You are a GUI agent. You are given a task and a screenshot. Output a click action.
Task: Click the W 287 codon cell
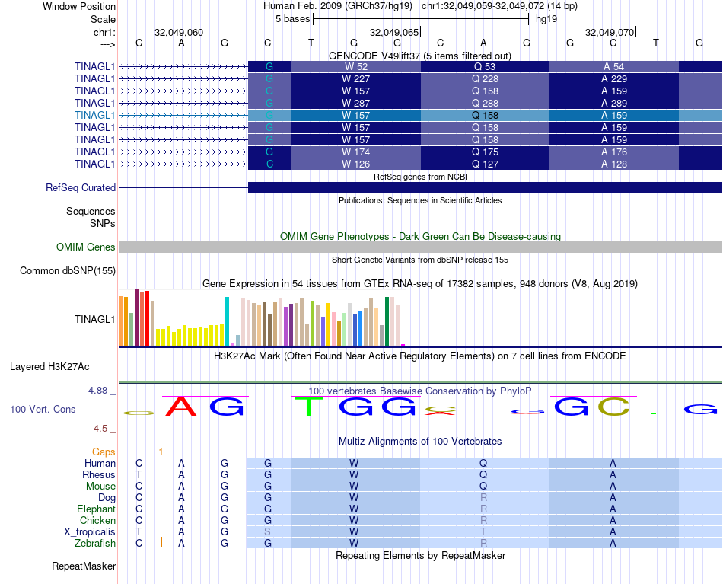click(x=355, y=103)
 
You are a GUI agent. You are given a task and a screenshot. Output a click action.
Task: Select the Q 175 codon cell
click(x=485, y=152)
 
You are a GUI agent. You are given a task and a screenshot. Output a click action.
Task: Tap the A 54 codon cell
click(x=613, y=66)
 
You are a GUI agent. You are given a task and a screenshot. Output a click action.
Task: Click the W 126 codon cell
click(x=355, y=164)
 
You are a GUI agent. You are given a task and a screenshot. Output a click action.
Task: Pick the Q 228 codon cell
click(x=485, y=78)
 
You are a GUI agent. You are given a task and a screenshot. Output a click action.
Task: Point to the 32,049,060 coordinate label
click(x=179, y=33)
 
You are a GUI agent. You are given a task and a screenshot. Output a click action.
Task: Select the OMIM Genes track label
click(x=86, y=247)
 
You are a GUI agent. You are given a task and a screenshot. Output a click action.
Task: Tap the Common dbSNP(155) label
click(x=68, y=270)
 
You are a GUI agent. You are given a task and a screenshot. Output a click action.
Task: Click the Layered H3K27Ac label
click(x=62, y=366)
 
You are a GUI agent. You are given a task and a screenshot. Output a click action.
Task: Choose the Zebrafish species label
click(x=95, y=543)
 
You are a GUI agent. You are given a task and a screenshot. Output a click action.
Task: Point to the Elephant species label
click(x=96, y=509)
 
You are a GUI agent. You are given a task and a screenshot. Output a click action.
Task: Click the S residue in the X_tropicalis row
click(x=268, y=531)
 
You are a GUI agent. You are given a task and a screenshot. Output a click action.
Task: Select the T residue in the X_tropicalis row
click(x=483, y=531)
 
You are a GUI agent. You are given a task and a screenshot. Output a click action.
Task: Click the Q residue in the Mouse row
click(x=483, y=486)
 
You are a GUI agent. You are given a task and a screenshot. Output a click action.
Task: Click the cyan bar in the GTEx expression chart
click(x=227, y=321)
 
